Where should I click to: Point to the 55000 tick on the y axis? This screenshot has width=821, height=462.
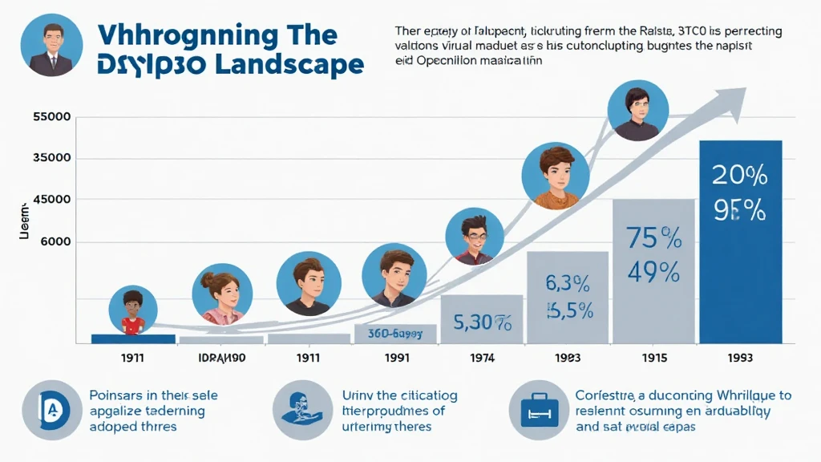pos(52,117)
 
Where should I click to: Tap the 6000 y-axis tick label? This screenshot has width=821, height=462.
pos(52,241)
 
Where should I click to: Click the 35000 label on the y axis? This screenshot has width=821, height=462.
pos(52,158)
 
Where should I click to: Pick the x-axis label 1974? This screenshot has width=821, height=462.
pos(482,357)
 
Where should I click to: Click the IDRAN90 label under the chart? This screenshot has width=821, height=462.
pos(221,357)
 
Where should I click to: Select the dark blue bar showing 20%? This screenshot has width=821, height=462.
pos(740,241)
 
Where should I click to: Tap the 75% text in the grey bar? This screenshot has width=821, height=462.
pos(653,239)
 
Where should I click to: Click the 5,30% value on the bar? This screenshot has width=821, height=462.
pos(481,323)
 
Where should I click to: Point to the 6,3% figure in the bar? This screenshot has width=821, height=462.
pos(568,283)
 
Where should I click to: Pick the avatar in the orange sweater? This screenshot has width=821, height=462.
pos(551,177)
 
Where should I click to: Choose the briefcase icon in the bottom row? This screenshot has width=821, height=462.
pos(533,410)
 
